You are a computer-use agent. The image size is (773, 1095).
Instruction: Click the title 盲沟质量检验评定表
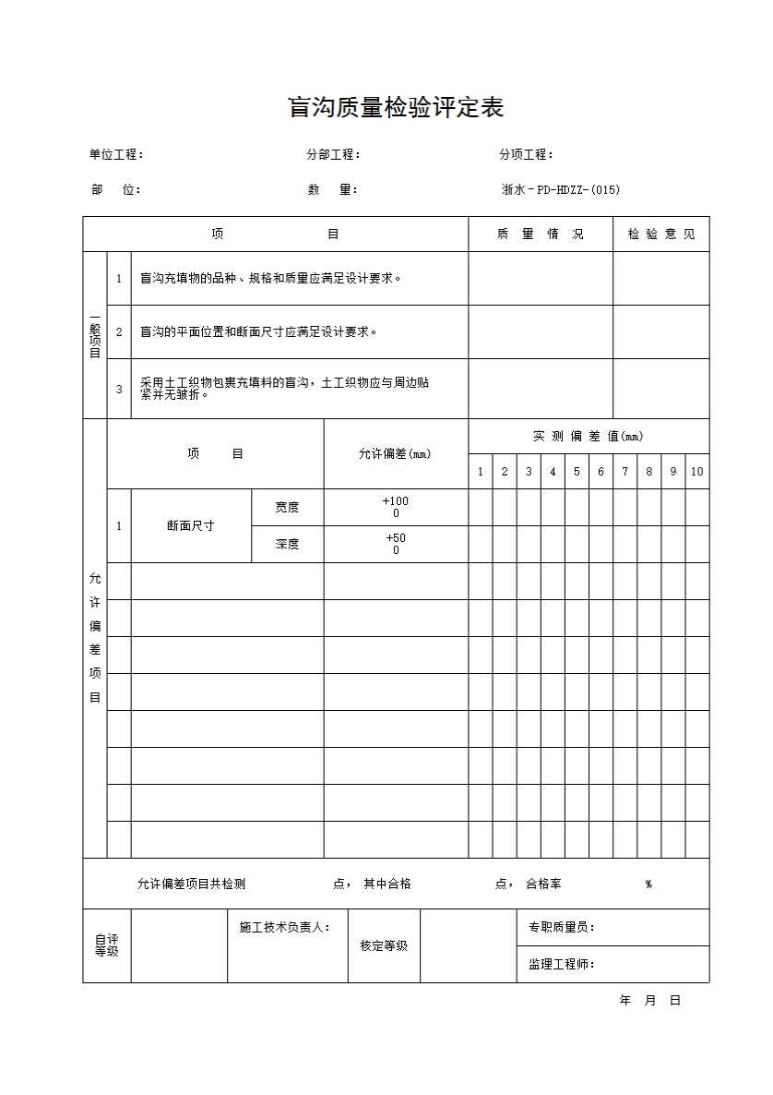[397, 108]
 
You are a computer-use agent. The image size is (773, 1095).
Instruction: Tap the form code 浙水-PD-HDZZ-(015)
[560, 190]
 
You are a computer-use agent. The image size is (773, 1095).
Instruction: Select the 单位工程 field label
[115, 155]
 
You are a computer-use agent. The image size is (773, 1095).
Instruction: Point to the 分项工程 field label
[526, 155]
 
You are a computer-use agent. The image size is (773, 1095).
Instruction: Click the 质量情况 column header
[540, 235]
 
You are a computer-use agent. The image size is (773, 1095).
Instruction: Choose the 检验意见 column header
[661, 235]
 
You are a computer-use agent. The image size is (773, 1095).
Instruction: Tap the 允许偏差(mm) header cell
[395, 454]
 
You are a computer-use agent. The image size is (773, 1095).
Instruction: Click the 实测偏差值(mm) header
[588, 436]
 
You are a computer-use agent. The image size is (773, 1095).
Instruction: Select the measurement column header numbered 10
[696, 472]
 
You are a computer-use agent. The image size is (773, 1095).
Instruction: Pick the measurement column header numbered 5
[577, 472]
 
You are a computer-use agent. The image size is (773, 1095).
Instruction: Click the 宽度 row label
[287, 507]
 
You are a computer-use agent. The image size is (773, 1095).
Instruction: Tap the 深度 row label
[287, 544]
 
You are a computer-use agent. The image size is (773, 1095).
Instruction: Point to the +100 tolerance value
[396, 501]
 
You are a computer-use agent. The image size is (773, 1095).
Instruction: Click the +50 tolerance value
[396, 538]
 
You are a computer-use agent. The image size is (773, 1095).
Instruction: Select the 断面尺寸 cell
[191, 525]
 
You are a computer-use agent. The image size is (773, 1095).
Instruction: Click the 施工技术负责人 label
[284, 927]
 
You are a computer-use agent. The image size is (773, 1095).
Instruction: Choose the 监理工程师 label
[561, 965]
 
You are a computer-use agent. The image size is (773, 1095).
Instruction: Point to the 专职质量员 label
[561, 928]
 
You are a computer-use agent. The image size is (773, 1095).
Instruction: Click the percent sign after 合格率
[648, 884]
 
